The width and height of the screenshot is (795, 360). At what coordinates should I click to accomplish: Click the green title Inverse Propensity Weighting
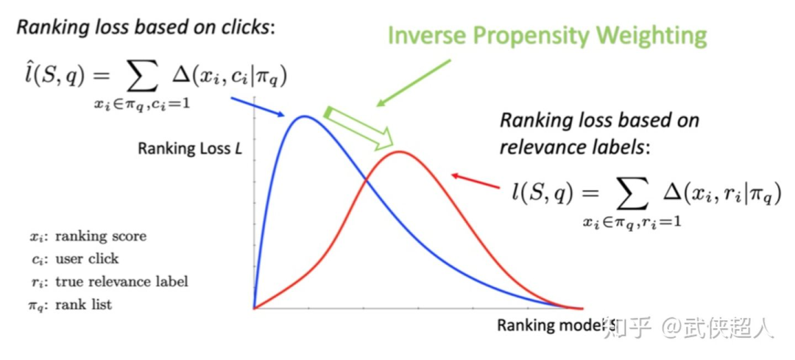(547, 35)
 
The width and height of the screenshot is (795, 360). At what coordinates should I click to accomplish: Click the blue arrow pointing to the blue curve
(261, 107)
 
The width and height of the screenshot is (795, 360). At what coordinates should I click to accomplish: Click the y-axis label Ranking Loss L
(189, 149)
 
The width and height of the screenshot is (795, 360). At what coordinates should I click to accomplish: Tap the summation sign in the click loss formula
(141, 74)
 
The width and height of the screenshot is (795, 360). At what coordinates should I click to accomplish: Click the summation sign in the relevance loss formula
(627, 193)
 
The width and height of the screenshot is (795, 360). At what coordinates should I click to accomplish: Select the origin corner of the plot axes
(254, 308)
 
